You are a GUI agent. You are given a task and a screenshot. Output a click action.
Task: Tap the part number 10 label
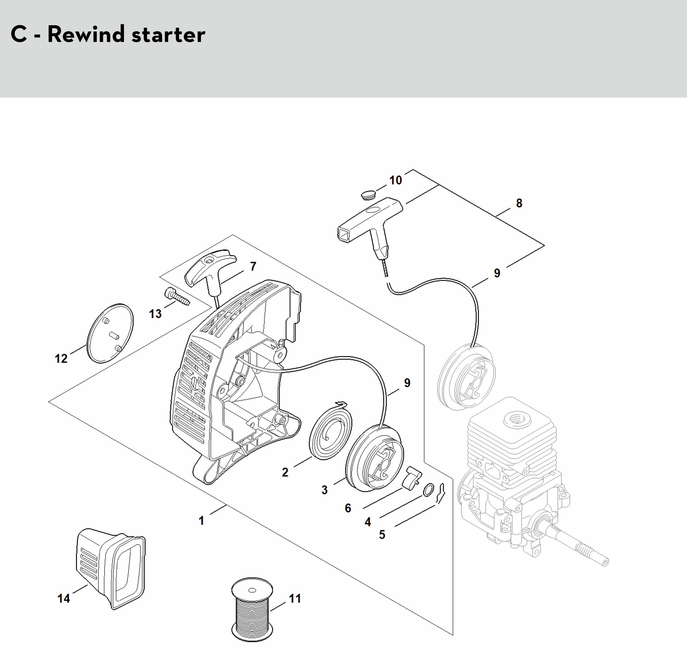tap(396, 180)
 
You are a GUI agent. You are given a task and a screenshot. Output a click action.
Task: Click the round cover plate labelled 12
tap(110, 332)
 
